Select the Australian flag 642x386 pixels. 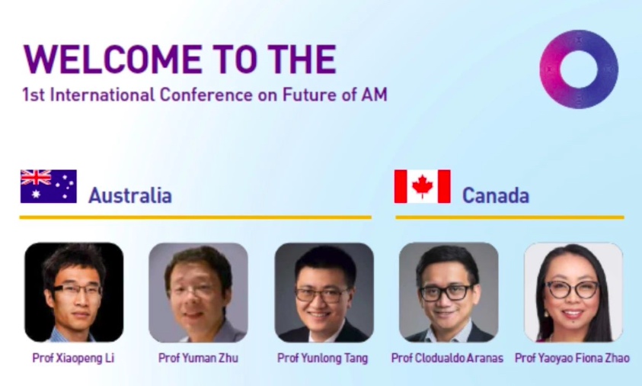pyautogui.click(x=48, y=186)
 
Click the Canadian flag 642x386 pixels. pyautogui.click(x=422, y=186)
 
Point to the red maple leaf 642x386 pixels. pyautogui.click(x=422, y=186)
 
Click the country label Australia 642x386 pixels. pyautogui.click(x=129, y=195)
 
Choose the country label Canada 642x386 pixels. pyautogui.click(x=496, y=195)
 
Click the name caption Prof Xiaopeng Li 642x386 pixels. pyautogui.click(x=73, y=358)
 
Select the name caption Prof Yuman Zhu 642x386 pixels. pyautogui.click(x=198, y=358)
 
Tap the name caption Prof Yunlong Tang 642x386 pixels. pyautogui.click(x=323, y=358)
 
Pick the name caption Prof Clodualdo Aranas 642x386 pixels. pyautogui.click(x=447, y=358)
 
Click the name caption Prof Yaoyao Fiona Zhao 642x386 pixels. pyautogui.click(x=572, y=358)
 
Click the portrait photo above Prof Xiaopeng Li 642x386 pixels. pyautogui.click(x=74, y=292)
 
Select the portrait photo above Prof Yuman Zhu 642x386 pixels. pyautogui.click(x=198, y=292)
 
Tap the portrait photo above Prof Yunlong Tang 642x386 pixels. pyautogui.click(x=324, y=292)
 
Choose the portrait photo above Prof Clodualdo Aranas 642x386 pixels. pyautogui.click(x=449, y=292)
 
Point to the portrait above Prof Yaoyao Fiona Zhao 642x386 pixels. pyautogui.click(x=573, y=292)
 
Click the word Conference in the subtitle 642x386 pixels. pyautogui.click(x=206, y=95)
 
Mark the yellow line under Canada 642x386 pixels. pyautogui.click(x=509, y=217)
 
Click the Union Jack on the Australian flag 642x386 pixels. pyautogui.click(x=36, y=178)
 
